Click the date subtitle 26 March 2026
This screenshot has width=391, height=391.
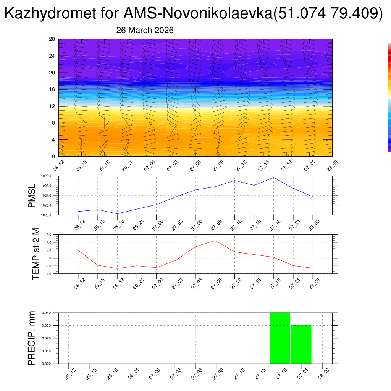click(145, 31)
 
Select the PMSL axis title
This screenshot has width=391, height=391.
click(32, 195)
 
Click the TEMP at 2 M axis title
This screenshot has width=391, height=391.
click(36, 254)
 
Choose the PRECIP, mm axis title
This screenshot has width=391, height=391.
click(32, 338)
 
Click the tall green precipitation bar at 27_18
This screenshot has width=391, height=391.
click(280, 338)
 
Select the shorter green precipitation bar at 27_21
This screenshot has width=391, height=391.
click(301, 344)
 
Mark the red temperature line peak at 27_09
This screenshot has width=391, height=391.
click(215, 241)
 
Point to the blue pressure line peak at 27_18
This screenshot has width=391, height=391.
click(273, 178)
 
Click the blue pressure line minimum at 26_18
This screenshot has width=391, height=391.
click(117, 213)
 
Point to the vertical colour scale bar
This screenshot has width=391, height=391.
click(389, 97)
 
